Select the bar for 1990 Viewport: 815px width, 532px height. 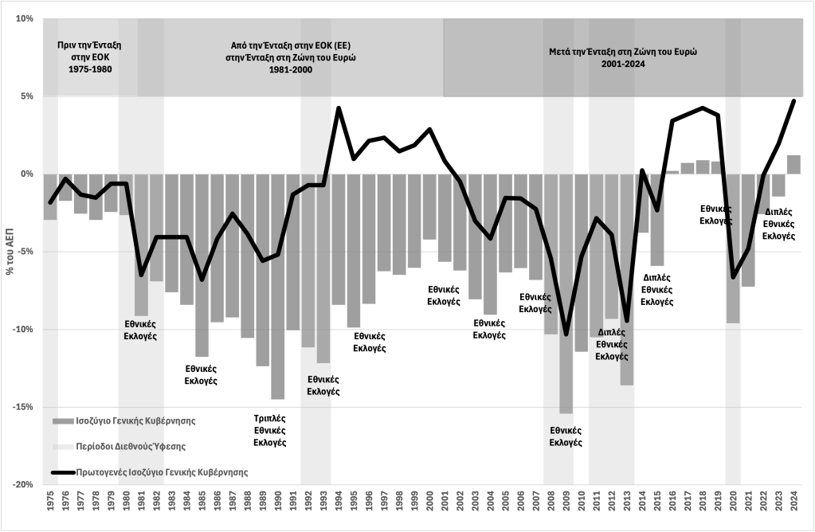tap(278, 286)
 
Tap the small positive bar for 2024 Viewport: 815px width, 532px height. tap(793, 165)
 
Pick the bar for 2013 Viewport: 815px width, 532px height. tap(627, 279)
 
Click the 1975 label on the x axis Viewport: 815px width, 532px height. tap(51, 507)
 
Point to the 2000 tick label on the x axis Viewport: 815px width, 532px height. tap(429, 507)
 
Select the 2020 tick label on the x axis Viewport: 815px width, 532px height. tap(733, 507)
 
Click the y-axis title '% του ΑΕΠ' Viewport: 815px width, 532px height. tap(10, 252)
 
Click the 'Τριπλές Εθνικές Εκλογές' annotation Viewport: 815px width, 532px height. tap(269, 430)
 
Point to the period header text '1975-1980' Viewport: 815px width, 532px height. tap(95, 69)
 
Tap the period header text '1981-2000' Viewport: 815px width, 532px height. tap(290, 69)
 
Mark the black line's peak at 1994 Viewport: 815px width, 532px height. tap(339, 108)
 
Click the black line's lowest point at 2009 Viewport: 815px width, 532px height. tap(566, 334)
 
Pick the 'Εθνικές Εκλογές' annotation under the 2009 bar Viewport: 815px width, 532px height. tap(566, 436)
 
